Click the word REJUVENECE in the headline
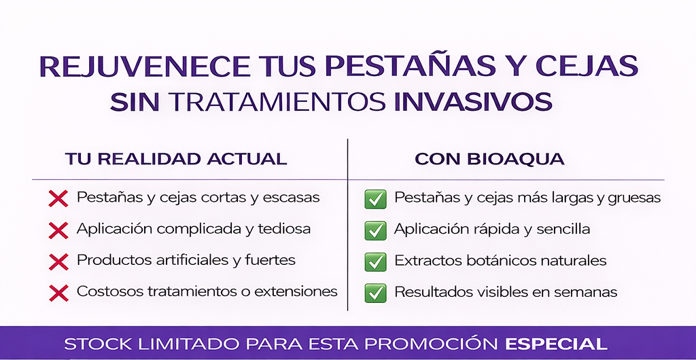click(x=144, y=66)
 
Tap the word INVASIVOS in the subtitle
click(x=473, y=101)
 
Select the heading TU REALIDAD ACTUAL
click(x=176, y=159)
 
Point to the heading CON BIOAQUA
click(x=489, y=159)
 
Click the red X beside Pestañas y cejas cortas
click(x=58, y=198)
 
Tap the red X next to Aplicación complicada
click(x=58, y=230)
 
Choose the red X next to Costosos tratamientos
click(x=58, y=293)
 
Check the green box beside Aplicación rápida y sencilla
click(x=375, y=230)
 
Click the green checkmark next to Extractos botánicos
click(x=375, y=262)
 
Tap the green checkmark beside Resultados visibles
click(x=375, y=293)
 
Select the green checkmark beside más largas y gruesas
click(x=375, y=198)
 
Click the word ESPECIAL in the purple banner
click(x=557, y=344)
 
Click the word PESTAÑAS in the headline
click(x=411, y=66)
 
